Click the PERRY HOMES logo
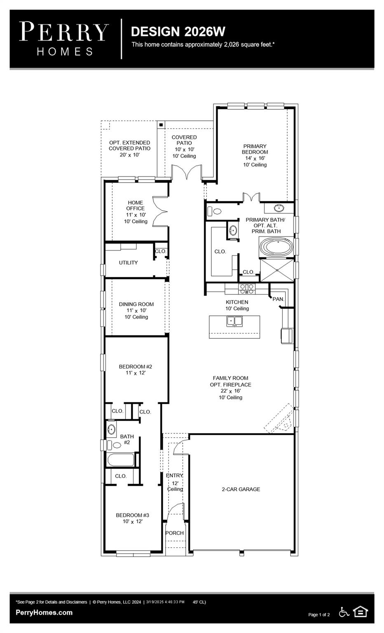pos(64,38)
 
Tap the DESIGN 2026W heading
pos(178,31)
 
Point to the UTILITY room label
pos(128,263)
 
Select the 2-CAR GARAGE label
pos(241,489)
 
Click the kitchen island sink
pos(234,321)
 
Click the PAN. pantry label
pos(278,299)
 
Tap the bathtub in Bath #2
pos(121,460)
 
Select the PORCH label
pos(174,533)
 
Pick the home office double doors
pos(160,211)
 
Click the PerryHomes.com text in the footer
pos(44,612)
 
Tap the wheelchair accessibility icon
pos(344,612)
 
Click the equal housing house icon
pos(361,612)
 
